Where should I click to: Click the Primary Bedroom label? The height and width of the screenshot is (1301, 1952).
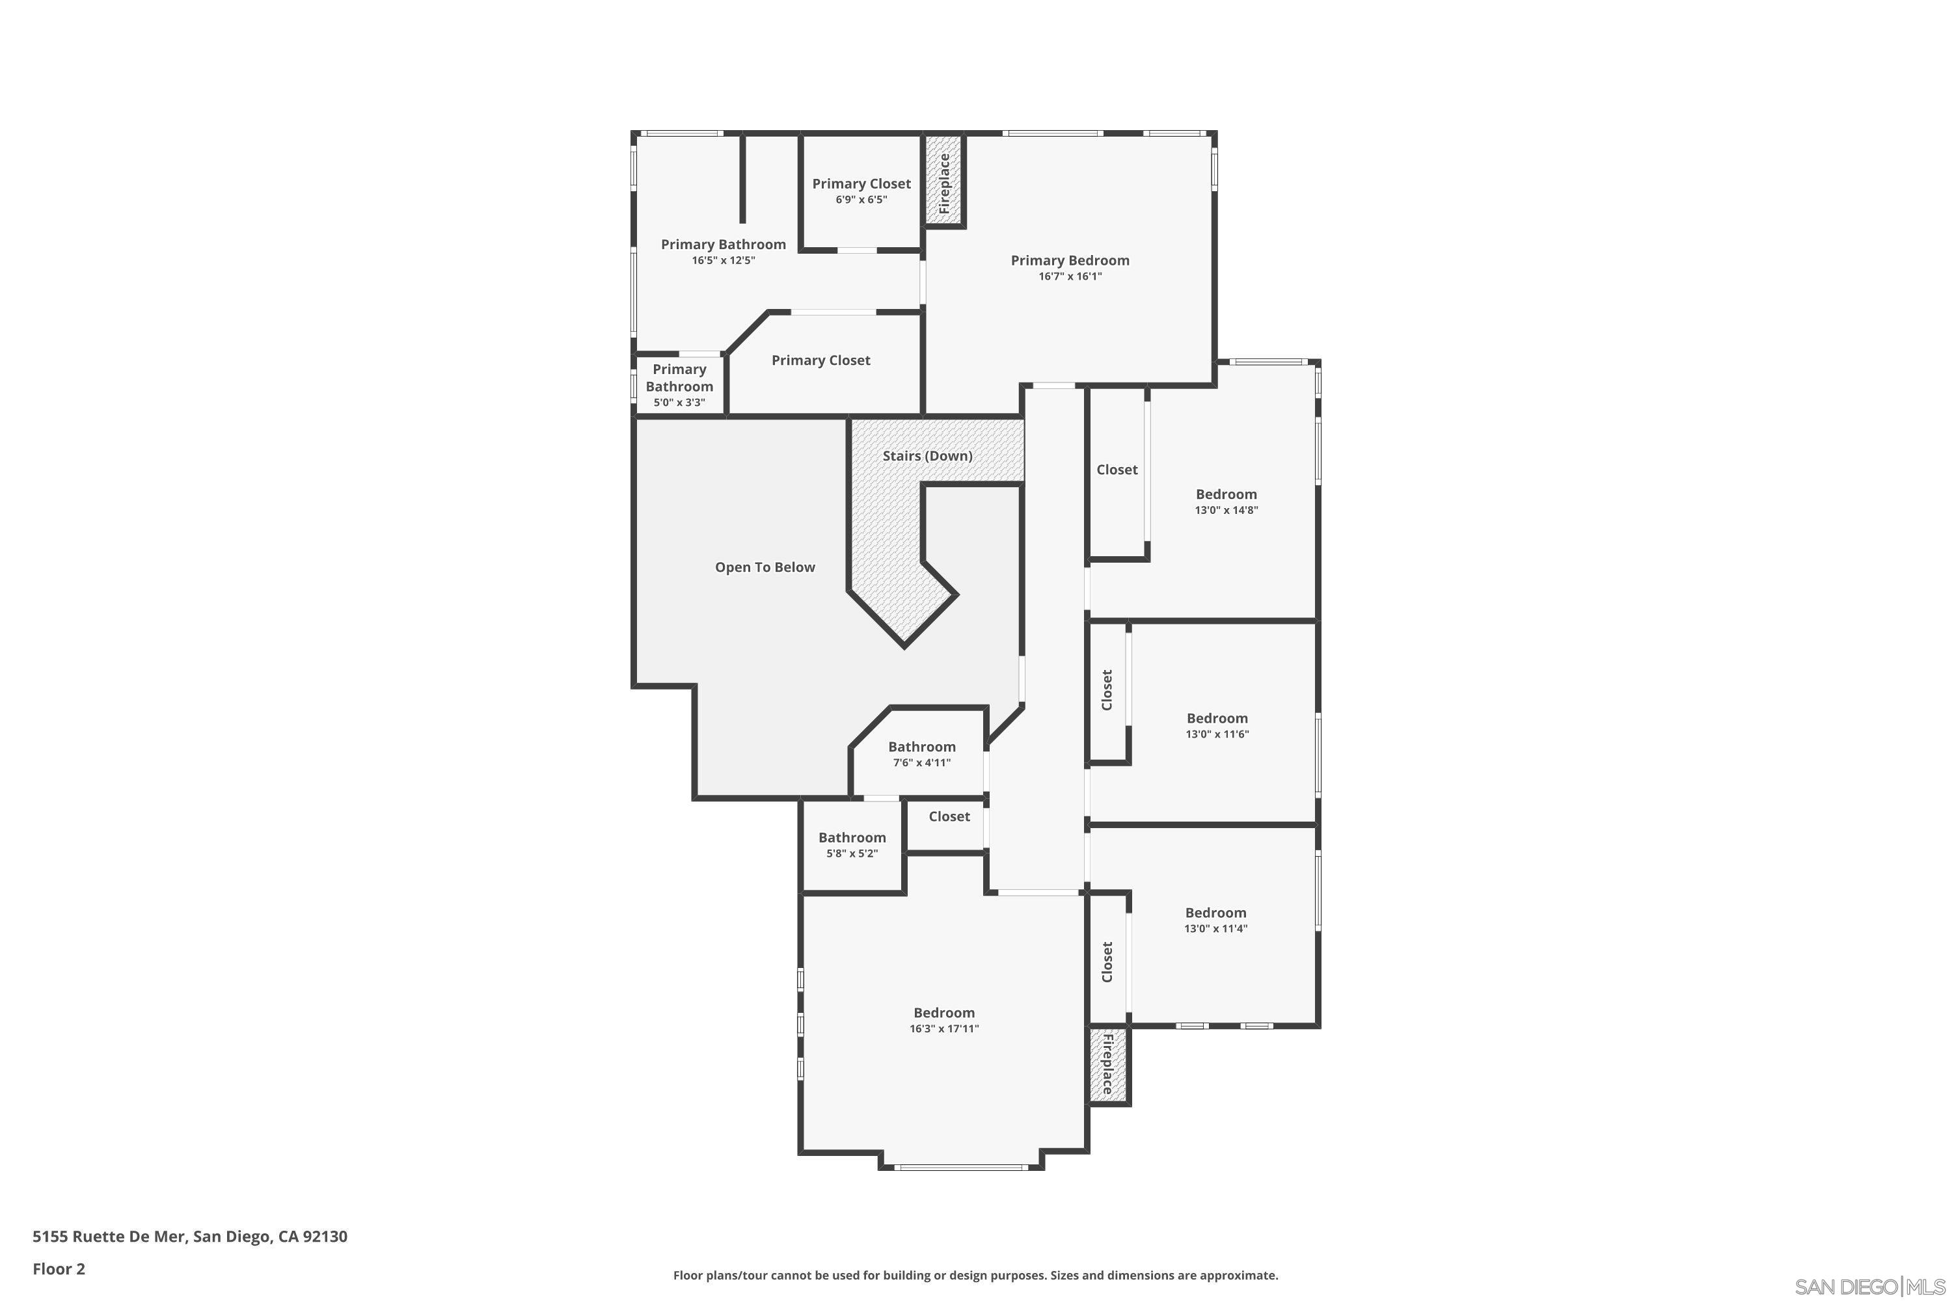[1070, 261]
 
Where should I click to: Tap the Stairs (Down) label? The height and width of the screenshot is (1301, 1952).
[927, 455]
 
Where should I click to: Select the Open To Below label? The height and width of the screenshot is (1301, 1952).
[765, 567]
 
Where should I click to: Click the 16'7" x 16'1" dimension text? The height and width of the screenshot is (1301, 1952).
[1070, 276]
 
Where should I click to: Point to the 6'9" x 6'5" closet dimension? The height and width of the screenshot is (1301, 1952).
[861, 200]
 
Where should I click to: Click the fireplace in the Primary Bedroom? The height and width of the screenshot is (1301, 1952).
[945, 183]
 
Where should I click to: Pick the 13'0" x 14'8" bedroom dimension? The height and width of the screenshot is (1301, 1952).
[1226, 510]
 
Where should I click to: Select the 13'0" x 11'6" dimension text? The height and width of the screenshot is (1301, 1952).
[1217, 734]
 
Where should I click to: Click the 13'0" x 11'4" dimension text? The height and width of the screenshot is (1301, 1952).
[1215, 928]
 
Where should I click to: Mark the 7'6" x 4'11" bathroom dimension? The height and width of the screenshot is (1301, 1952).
[921, 762]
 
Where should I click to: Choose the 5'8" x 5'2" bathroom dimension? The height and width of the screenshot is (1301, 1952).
[852, 853]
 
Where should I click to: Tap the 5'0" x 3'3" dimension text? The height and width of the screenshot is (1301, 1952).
[679, 403]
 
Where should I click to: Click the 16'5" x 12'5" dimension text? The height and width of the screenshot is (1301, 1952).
[723, 261]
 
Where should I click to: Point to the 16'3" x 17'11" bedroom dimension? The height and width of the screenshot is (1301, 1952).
[943, 1029]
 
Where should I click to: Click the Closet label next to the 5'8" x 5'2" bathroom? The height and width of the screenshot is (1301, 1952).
[949, 816]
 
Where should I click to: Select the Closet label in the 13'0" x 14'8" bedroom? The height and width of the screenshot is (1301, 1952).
[1117, 470]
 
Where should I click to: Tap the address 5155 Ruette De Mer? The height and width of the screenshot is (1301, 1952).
[190, 1237]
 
